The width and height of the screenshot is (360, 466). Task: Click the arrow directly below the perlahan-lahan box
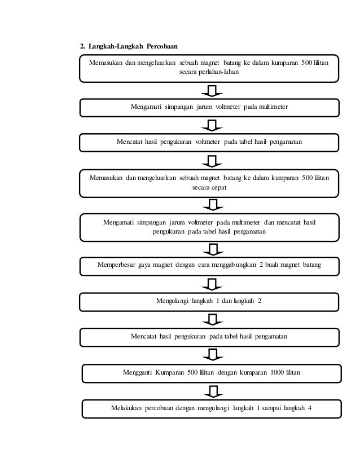tap(212, 91)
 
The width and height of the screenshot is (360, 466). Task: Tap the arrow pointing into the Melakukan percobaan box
tap(212, 390)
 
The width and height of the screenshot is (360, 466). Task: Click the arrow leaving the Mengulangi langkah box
tap(212, 319)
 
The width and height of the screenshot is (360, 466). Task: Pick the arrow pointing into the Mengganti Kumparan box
tap(212, 355)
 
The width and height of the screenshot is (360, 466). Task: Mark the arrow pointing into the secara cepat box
tap(212, 162)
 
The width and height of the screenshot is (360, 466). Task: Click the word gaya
tap(146, 263)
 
